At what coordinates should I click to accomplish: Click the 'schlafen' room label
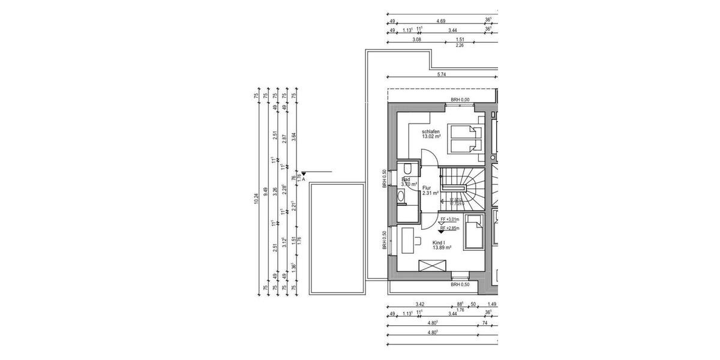(x=431, y=131)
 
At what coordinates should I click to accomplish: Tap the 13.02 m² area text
(x=431, y=137)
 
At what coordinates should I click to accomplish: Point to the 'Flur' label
(x=427, y=187)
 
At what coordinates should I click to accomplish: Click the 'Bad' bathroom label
(x=406, y=179)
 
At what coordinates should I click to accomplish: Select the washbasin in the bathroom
(x=400, y=196)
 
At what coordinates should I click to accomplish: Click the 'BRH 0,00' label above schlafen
(x=461, y=100)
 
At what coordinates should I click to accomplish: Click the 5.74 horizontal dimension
(x=442, y=74)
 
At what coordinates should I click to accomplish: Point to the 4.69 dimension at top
(x=441, y=21)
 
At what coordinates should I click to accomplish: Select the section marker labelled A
(x=304, y=176)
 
